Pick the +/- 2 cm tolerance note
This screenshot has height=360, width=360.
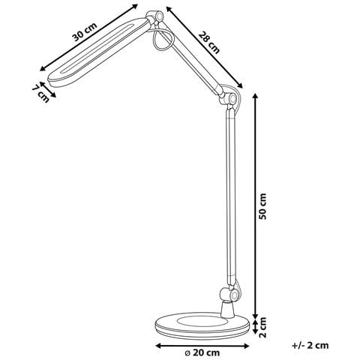[x=311, y=346]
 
